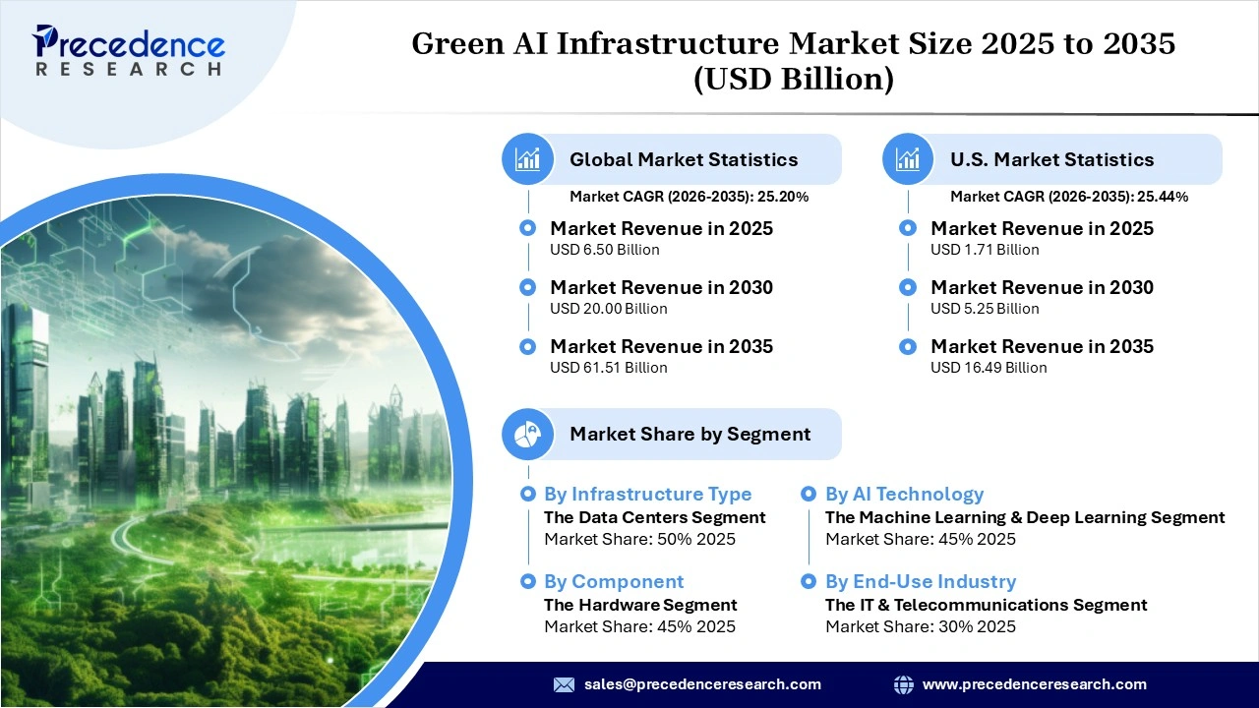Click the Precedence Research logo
coord(128,50)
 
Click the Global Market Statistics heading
coord(684,159)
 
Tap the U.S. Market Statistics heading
coord(1051,159)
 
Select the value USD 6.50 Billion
coord(605,250)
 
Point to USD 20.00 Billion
coord(609,309)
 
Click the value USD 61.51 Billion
coord(609,368)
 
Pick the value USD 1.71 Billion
coord(985,250)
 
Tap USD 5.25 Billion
coord(985,309)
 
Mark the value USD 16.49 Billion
coord(989,368)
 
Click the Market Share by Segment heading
coord(689,434)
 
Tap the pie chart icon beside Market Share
coord(528,434)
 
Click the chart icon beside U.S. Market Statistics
coord(908,159)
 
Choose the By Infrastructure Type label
coord(647,495)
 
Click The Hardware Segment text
coord(640,605)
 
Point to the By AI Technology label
coord(904,495)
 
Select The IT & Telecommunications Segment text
coord(986,605)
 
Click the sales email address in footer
coord(702,684)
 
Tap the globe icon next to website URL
coord(903,684)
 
